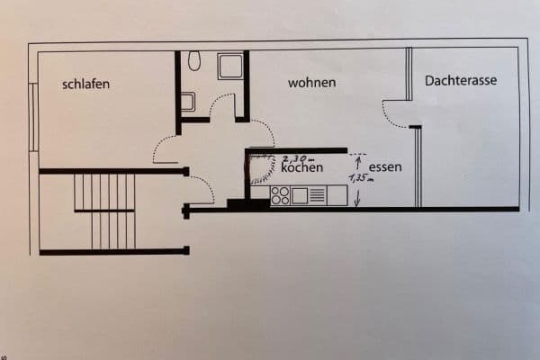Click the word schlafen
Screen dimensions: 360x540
tap(86, 85)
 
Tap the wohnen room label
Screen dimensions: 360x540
tap(312, 83)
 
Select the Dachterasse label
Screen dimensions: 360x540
tap(461, 80)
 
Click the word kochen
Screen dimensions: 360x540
tap(301, 168)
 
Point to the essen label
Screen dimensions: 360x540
tap(384, 167)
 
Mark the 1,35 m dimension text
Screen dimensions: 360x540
tap(360, 178)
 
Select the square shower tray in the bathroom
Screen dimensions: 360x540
tap(229, 66)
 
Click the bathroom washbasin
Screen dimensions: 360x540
tap(187, 102)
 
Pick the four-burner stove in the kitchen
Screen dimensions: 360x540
tap(280, 194)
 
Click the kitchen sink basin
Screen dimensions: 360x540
tap(300, 194)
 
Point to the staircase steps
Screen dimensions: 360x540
tap(104, 211)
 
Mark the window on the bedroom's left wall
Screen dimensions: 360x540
tap(33, 117)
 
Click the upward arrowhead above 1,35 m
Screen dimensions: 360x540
tap(358, 160)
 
